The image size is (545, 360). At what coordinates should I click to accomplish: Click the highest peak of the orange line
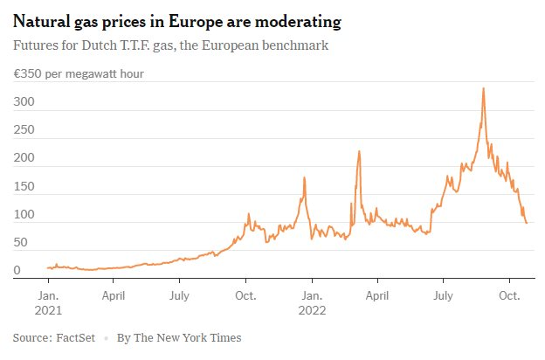(x=483, y=88)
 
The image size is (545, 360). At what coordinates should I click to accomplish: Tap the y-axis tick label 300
(x=24, y=102)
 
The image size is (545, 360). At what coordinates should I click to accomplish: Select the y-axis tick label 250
(x=24, y=130)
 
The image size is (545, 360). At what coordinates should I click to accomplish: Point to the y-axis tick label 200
(x=24, y=158)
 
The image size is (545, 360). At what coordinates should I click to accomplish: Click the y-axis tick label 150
(x=24, y=187)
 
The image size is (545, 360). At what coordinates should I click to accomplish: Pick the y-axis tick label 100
(x=24, y=215)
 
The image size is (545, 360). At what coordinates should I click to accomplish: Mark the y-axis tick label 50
(x=19, y=243)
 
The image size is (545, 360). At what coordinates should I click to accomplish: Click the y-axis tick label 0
(x=17, y=271)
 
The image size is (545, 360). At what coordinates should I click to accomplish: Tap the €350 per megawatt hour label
(x=78, y=73)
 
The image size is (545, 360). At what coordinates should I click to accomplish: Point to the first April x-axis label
(x=114, y=295)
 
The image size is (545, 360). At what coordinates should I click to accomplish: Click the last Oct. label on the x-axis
(x=510, y=295)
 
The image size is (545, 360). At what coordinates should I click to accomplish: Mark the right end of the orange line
(x=526, y=223)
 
